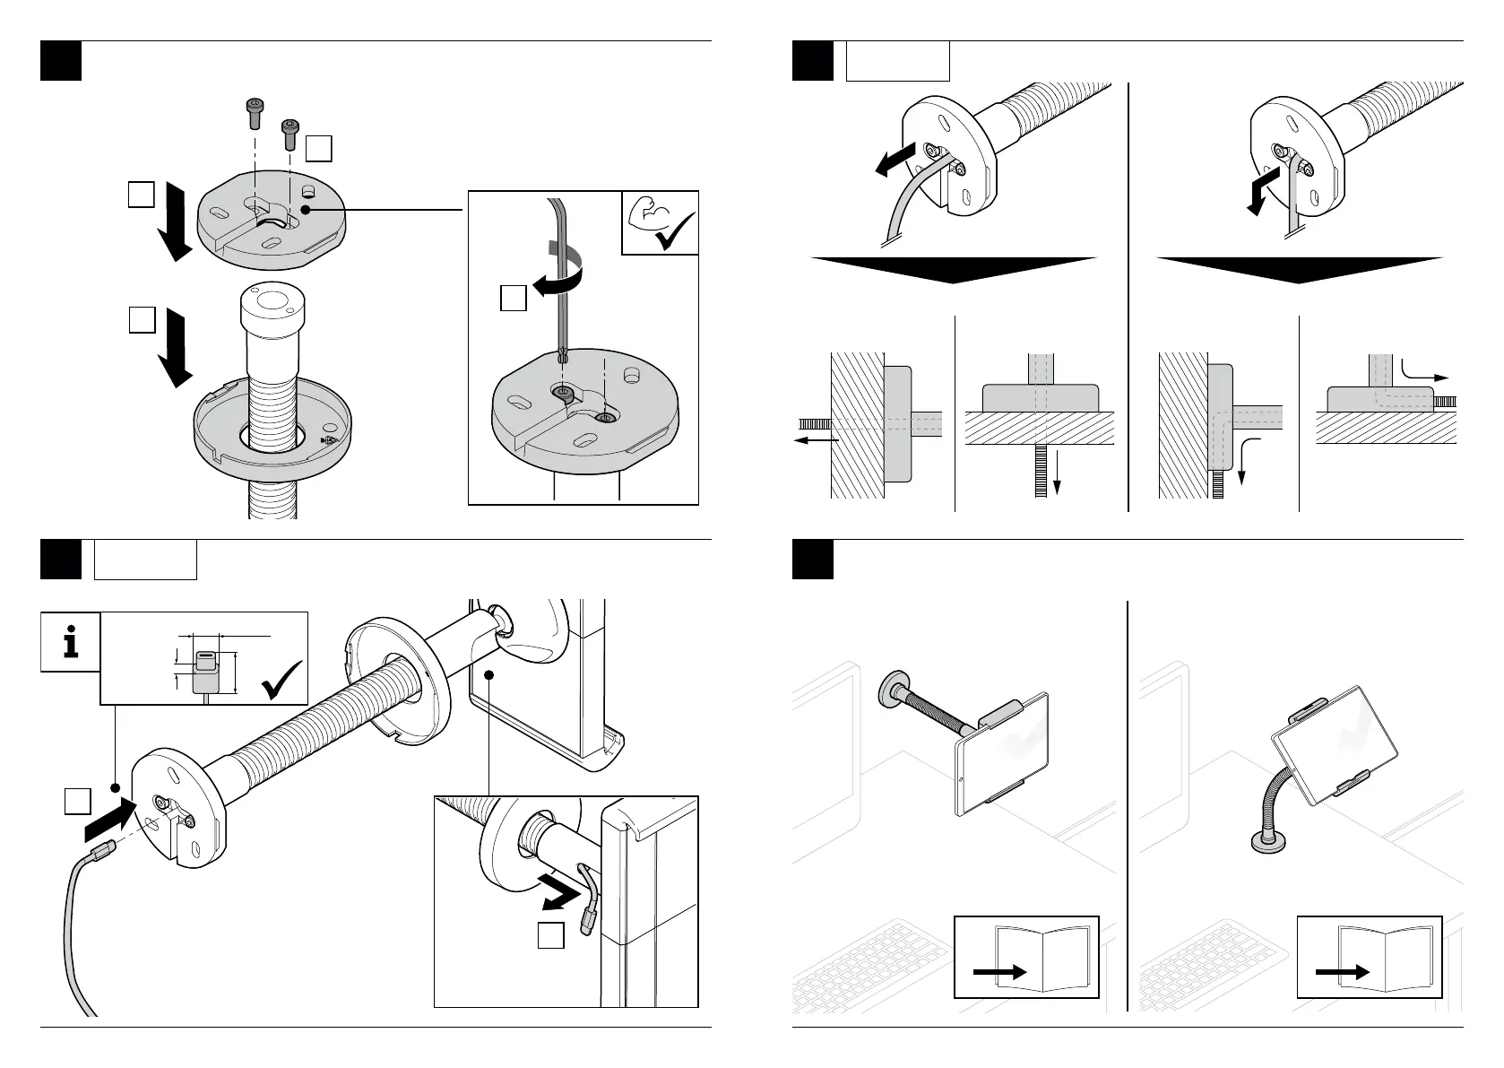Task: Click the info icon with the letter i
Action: point(70,642)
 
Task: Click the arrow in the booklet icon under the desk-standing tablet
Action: point(1342,972)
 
